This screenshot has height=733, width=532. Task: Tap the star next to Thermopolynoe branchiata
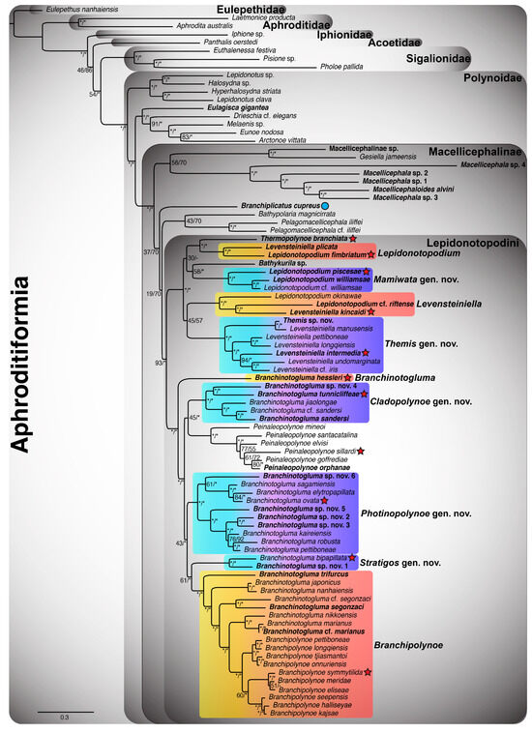[354, 238]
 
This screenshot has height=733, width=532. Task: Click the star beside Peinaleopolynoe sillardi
[360, 452]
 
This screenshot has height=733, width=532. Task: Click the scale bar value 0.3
[65, 717]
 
